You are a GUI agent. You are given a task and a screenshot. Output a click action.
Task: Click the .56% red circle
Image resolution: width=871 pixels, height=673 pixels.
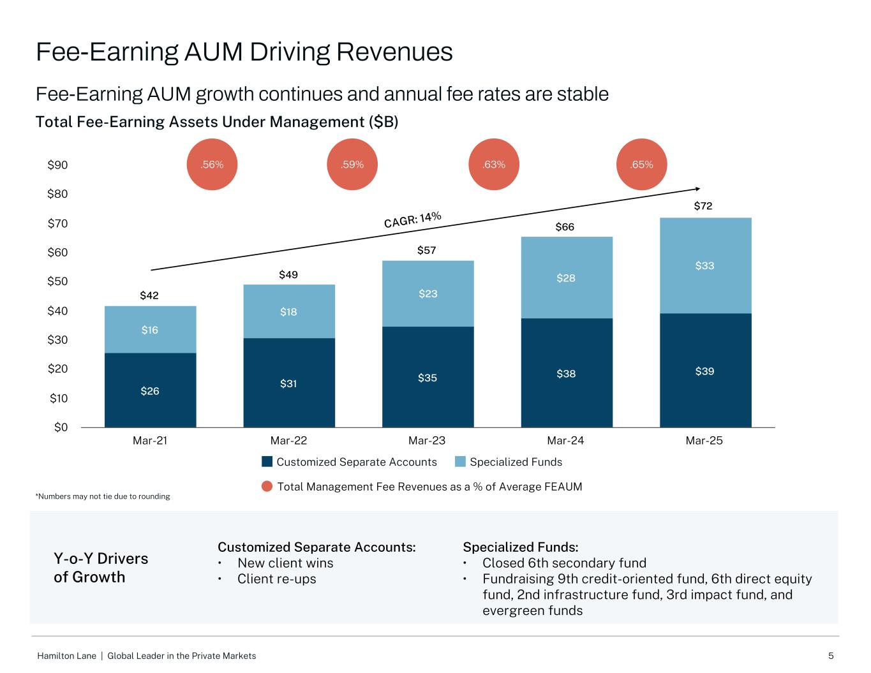pos(212,165)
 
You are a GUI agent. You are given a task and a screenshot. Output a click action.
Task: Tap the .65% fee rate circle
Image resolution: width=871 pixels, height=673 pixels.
pos(641,165)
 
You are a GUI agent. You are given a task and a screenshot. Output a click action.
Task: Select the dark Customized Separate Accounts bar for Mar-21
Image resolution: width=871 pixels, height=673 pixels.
pos(150,390)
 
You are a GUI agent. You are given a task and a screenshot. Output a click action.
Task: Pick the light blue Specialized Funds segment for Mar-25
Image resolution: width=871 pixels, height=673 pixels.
pos(705,265)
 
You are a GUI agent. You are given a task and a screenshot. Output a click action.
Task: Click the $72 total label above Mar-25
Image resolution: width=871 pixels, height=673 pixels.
pos(704,206)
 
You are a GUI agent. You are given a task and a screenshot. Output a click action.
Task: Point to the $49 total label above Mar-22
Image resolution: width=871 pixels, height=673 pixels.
pos(288,275)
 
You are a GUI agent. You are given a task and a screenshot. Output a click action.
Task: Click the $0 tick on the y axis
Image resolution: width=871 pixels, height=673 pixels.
pos(61,427)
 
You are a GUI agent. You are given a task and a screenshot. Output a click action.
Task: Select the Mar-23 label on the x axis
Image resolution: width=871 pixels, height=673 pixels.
pos(427,441)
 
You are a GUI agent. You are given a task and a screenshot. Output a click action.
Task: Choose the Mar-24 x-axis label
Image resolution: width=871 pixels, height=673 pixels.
pos(565,441)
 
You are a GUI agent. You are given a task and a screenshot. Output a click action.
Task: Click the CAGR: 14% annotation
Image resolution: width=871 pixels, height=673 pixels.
pos(412,219)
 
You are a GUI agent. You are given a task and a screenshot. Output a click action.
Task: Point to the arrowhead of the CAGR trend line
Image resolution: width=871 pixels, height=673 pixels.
pos(698,188)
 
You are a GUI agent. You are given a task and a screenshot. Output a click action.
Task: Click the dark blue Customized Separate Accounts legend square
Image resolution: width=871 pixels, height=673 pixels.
pos(267,462)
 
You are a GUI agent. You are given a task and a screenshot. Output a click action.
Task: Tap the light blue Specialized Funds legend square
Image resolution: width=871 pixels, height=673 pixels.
pos(460,462)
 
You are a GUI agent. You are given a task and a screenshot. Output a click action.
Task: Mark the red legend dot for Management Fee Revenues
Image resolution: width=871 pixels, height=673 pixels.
pos(268,487)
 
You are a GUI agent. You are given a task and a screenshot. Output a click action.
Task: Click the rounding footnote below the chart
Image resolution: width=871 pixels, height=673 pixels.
pos(102,496)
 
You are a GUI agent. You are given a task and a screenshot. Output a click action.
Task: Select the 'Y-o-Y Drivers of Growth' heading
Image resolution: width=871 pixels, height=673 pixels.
pos(101,568)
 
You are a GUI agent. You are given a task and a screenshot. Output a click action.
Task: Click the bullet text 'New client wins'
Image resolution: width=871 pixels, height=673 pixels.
pos(285,563)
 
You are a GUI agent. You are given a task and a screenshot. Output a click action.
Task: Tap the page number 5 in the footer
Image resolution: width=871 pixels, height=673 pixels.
pos(831,656)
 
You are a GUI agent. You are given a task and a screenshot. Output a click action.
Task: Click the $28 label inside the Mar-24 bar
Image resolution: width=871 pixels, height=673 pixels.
pos(565,278)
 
